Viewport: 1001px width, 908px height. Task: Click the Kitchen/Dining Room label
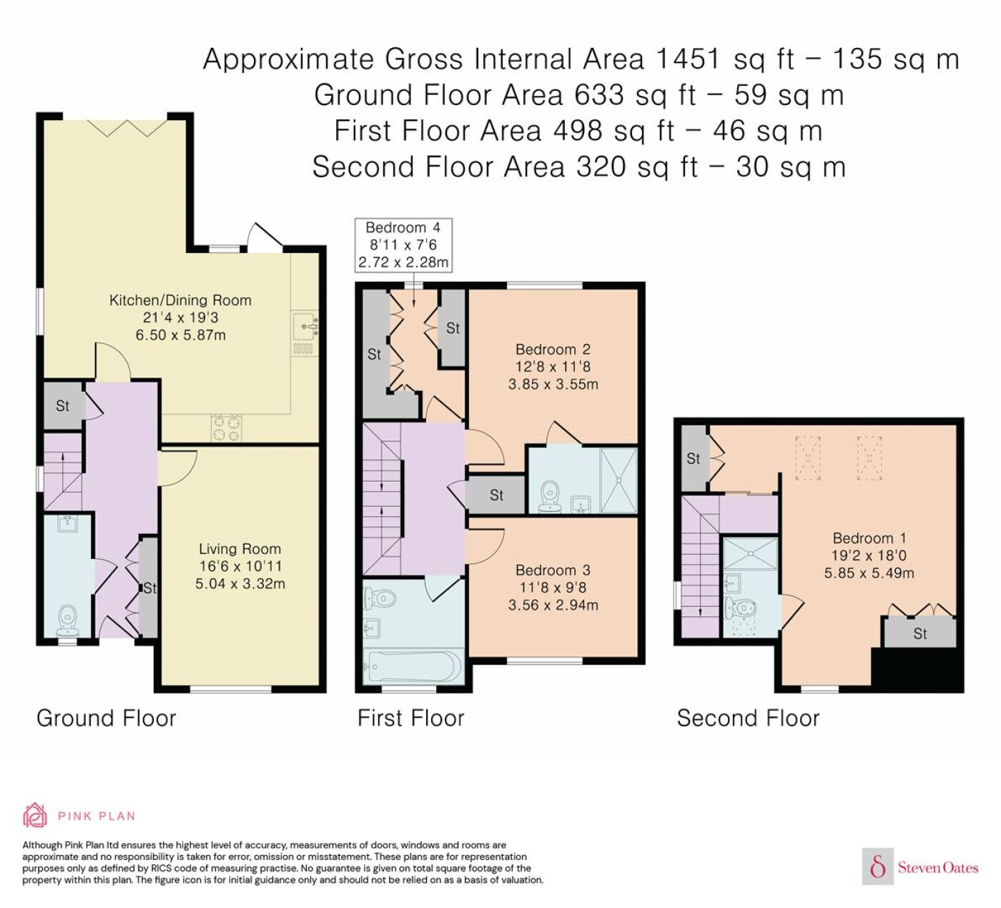pos(180,300)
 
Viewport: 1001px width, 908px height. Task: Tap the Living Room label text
pos(240,549)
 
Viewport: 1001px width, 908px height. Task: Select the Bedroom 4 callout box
pos(403,245)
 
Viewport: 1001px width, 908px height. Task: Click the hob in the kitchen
pos(226,428)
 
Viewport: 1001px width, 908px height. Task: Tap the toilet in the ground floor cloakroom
pos(67,621)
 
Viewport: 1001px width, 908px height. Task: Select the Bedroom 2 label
pos(553,349)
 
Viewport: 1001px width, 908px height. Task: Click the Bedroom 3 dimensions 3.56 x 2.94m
pos(553,605)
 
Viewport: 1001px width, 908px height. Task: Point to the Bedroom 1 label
pos(869,538)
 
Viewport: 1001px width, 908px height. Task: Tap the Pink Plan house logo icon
pos(35,816)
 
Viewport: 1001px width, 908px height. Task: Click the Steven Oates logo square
pos(878,866)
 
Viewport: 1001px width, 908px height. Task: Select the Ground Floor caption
pos(107,719)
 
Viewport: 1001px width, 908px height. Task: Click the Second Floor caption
pos(748,719)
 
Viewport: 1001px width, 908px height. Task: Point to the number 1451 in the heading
pos(688,59)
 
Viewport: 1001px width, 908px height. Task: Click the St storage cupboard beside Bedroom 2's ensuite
pos(496,495)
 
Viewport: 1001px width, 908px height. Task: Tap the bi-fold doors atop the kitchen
pos(127,128)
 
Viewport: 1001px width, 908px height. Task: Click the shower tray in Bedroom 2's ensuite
pos(618,480)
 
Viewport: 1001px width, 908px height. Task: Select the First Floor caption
pos(410,719)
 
